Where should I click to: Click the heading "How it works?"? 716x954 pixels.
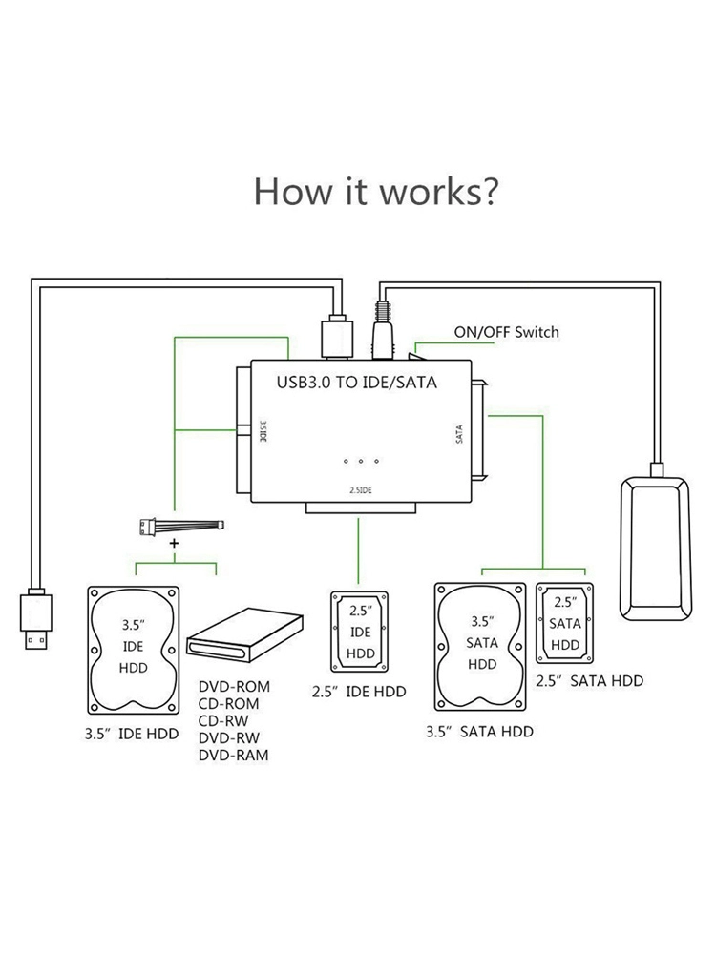click(x=375, y=191)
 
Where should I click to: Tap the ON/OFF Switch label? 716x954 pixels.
click(x=506, y=332)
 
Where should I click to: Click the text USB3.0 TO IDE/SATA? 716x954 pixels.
click(x=356, y=383)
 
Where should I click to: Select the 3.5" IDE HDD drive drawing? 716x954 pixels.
click(x=134, y=648)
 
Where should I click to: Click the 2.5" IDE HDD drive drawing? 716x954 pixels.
click(x=359, y=633)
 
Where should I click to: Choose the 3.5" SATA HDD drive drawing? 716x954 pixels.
click(x=482, y=644)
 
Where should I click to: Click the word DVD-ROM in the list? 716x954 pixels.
click(x=234, y=686)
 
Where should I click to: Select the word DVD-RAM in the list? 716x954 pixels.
click(x=234, y=755)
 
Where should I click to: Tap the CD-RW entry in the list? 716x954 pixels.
click(x=225, y=720)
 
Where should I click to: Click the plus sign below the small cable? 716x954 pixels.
click(x=174, y=542)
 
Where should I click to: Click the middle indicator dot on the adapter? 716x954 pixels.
click(x=361, y=462)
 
